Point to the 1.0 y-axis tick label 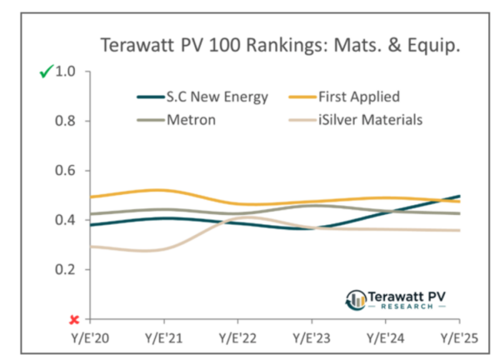[64, 72]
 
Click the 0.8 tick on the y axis [64, 121]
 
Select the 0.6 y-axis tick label [64, 171]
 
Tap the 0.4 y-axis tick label [64, 220]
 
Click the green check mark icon [45, 72]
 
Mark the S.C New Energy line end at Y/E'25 [459, 197]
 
